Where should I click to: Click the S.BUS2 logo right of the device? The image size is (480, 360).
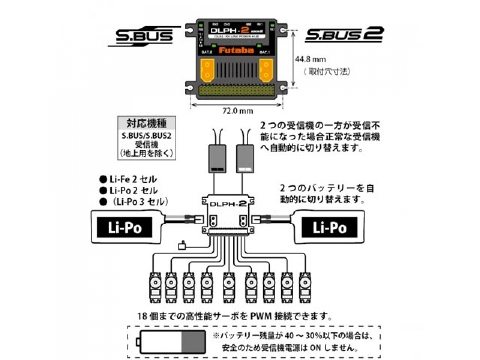click(344, 34)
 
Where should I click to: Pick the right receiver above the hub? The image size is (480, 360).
click(245, 158)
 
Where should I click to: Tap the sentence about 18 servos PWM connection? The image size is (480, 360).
click(235, 316)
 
